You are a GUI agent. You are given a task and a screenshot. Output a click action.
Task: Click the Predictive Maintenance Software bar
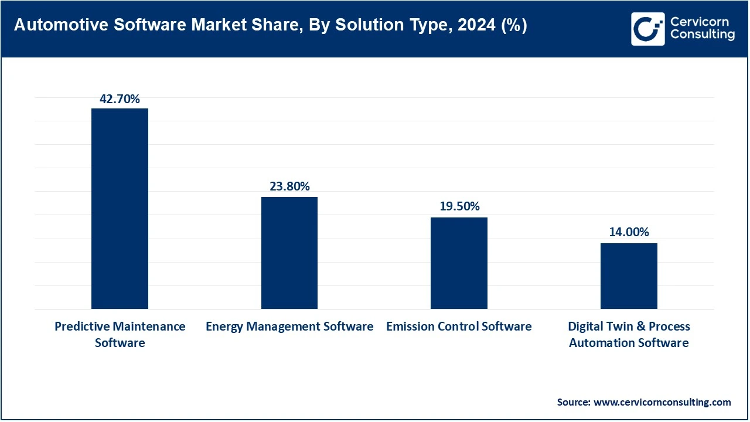tap(120, 209)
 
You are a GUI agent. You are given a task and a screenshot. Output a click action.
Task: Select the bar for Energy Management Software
tap(289, 253)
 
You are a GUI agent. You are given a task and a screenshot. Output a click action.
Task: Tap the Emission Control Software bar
tap(459, 263)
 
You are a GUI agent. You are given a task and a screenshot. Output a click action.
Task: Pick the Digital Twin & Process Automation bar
tap(629, 276)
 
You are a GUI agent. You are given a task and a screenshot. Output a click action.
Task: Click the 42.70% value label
tap(120, 99)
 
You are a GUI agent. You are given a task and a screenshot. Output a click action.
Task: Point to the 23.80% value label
tap(289, 186)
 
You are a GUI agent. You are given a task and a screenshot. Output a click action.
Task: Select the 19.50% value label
tap(459, 206)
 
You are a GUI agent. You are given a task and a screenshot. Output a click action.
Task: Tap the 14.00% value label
tap(629, 232)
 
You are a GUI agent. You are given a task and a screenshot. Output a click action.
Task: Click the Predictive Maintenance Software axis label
tap(120, 334)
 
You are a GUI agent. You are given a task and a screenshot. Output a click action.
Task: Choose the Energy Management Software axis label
tap(289, 326)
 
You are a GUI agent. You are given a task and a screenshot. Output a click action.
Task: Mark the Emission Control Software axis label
tap(459, 326)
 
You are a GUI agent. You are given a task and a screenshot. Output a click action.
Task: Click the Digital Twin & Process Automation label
tap(629, 334)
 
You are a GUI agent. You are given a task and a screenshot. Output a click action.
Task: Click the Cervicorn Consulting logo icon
tap(648, 29)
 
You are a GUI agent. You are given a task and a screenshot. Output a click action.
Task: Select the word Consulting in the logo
tap(702, 35)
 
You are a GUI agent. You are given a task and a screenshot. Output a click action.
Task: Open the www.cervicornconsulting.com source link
tap(662, 402)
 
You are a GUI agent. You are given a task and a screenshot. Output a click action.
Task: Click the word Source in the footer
tap(573, 402)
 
